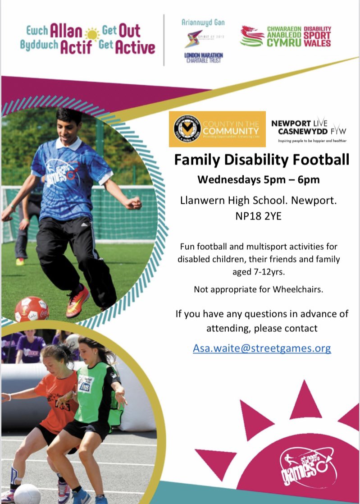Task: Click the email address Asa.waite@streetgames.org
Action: tap(262, 348)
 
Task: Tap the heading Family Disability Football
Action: tap(262, 160)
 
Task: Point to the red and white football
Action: tap(32, 308)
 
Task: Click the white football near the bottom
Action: tap(27, 494)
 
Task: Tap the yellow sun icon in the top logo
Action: tap(93, 34)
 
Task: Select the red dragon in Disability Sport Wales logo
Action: tap(251, 36)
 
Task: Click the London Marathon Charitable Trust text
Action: tap(204, 58)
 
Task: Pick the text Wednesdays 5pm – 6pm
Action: tap(259, 179)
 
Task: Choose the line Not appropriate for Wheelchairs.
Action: tap(259, 289)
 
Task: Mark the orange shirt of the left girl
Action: tap(56, 392)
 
